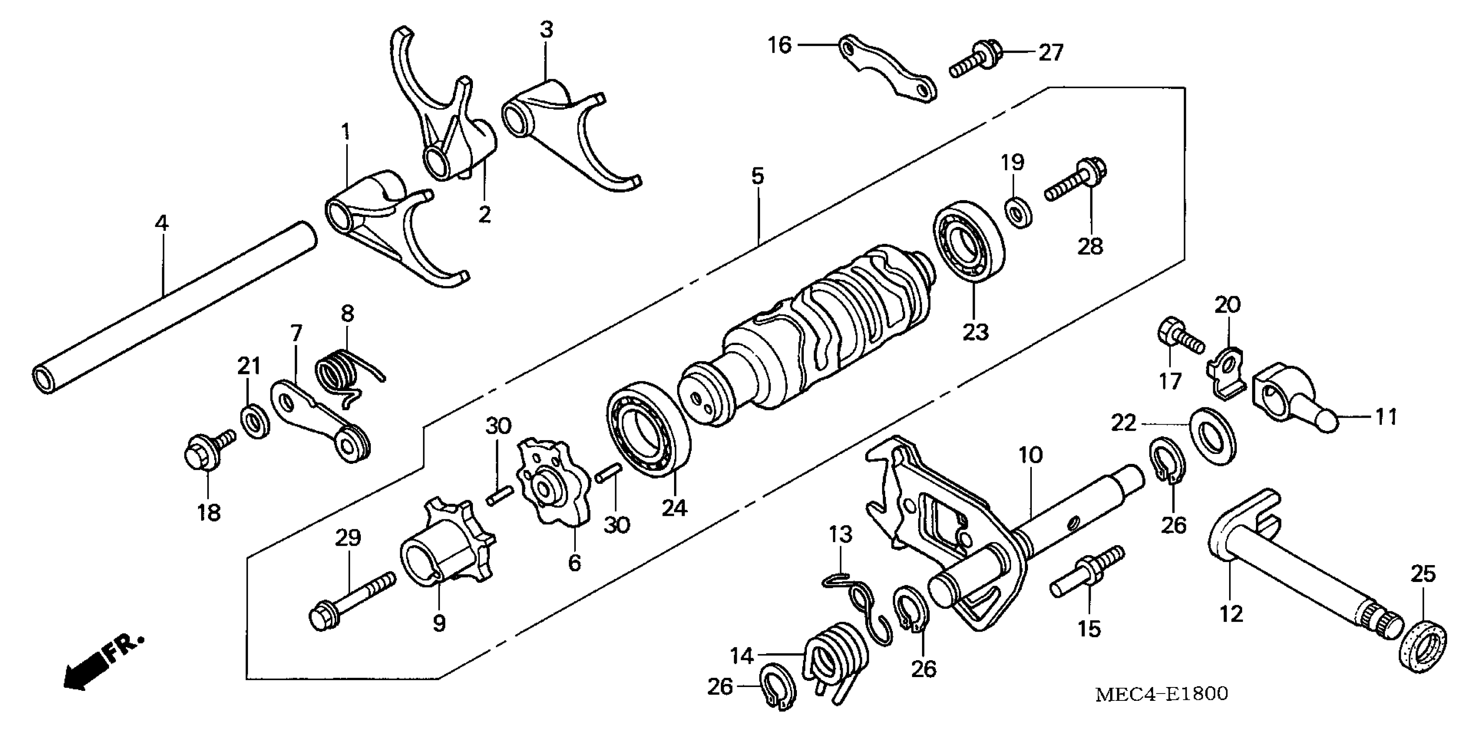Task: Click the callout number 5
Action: [x=757, y=176]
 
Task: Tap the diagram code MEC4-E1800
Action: [x=1162, y=694]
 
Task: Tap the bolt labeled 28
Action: [x=1076, y=183]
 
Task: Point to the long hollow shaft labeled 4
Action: [x=172, y=309]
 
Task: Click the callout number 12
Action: [x=1231, y=614]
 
